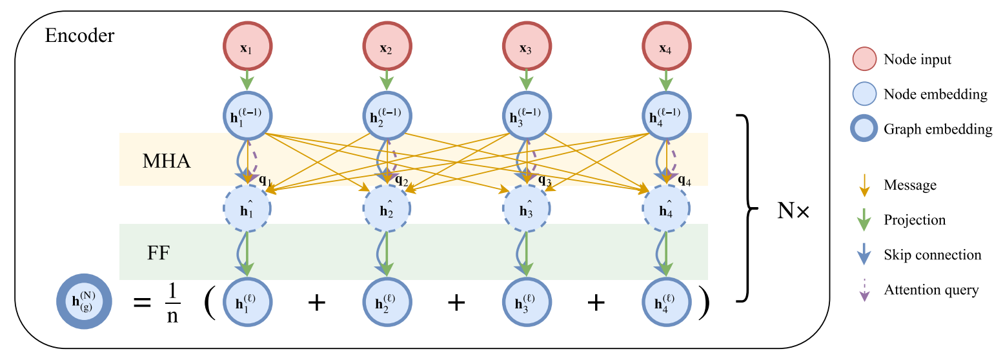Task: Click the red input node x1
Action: (248, 49)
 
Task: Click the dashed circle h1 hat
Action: (248, 209)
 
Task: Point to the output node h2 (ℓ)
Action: (387, 303)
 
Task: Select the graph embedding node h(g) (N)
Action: (83, 303)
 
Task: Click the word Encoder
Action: (79, 35)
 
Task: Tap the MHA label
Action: (167, 161)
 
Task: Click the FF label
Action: (158, 252)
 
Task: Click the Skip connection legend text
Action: (932, 255)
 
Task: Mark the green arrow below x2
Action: (387, 80)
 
